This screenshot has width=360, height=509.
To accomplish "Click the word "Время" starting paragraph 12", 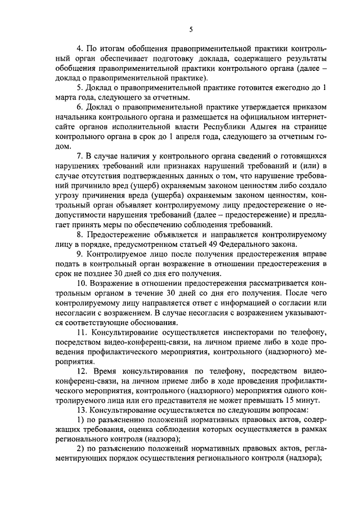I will [109, 370].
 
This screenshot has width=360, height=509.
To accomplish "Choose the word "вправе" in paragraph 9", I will [313, 254].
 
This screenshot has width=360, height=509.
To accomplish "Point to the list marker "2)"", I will [80, 449].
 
